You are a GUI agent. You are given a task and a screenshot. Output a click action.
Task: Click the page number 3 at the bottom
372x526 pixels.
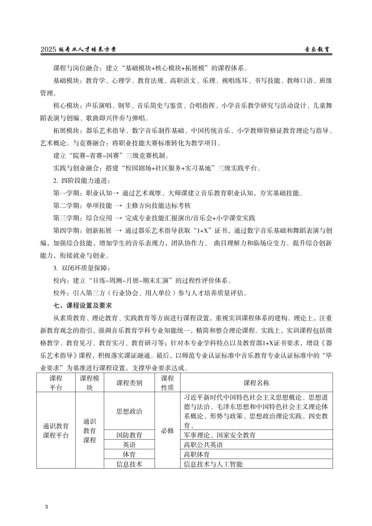tap(46, 507)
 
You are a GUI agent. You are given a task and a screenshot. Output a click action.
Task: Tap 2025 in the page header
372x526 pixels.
tap(49, 50)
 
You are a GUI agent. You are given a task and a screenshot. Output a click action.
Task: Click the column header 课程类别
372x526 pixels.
tap(129, 383)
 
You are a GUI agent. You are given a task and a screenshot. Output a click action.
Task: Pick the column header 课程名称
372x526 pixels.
tap(256, 383)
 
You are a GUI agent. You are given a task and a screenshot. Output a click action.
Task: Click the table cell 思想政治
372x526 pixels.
tap(129, 411)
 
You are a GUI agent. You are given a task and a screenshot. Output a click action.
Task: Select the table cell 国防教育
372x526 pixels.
tap(129, 435)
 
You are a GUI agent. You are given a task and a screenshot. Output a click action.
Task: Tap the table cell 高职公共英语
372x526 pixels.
tap(203, 445)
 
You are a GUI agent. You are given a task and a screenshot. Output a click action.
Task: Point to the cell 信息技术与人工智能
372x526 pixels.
tap(213, 464)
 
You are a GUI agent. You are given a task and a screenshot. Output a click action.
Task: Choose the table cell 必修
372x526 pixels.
tap(167, 431)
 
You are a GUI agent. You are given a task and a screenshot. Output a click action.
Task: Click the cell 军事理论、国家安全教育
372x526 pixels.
tap(220, 435)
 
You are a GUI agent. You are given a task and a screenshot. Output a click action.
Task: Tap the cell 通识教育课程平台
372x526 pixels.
tap(56, 431)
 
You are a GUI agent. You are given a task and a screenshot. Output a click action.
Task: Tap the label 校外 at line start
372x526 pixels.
tap(60, 293)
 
